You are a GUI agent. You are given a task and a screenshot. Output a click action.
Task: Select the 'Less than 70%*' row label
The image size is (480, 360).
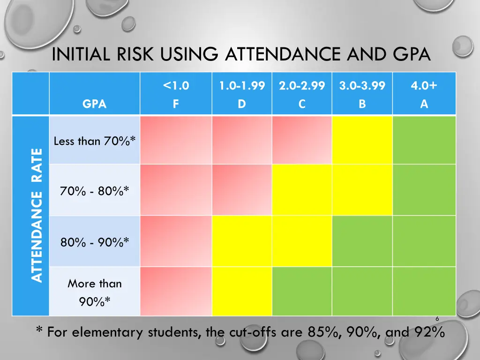pos(95,141)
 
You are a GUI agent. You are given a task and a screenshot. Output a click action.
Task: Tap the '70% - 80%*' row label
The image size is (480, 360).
pos(95,191)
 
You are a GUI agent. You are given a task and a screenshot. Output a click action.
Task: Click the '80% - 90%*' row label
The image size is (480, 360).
pos(95,242)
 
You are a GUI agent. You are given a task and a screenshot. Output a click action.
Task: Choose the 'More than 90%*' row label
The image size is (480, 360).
pos(95,292)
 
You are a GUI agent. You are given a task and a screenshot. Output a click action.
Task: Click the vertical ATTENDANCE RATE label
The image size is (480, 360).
pos(37,215)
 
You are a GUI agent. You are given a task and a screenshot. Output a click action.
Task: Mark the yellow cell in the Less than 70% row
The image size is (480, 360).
pos(362,140)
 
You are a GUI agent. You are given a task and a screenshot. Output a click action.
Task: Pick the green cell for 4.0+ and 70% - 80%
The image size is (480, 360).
pos(424,190)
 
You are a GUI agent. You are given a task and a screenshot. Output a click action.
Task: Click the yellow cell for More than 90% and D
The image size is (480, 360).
pos(242,291)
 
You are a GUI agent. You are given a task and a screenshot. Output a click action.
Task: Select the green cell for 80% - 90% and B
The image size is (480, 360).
pos(362,241)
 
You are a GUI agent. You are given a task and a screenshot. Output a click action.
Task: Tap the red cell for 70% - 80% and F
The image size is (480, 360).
pos(176,190)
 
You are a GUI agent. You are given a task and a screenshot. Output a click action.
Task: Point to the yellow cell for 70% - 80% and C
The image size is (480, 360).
pos(302,190)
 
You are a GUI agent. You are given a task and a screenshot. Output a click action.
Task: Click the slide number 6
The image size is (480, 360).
pos(437,319)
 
